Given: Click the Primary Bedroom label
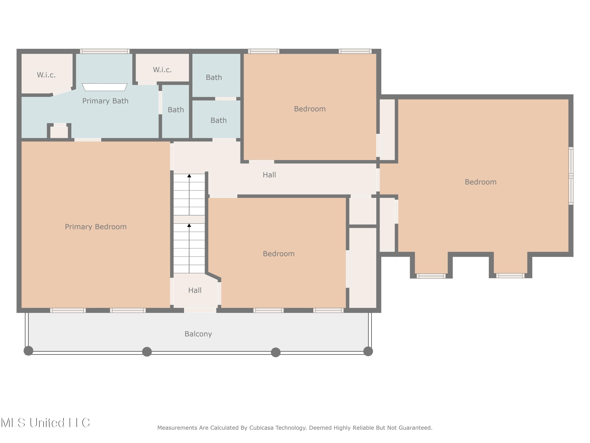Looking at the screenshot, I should point(96,227).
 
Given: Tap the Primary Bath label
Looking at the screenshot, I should point(105,101).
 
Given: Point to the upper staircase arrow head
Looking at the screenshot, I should point(189,176).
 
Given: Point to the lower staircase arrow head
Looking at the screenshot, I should point(189,225).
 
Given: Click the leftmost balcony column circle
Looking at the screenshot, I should point(29,351).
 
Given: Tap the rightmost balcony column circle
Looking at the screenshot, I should point(368,351).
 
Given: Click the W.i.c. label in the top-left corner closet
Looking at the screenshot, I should point(46,75).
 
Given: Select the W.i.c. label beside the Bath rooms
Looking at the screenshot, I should point(162,70).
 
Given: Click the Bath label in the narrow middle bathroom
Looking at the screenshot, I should point(176,110).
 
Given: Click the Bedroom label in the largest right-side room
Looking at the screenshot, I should point(481,182).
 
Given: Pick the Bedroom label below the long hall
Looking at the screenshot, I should point(279,254).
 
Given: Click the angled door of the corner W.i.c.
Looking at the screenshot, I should point(62,91).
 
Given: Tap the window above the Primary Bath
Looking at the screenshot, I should point(105,51).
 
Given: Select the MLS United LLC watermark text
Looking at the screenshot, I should point(45,423).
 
